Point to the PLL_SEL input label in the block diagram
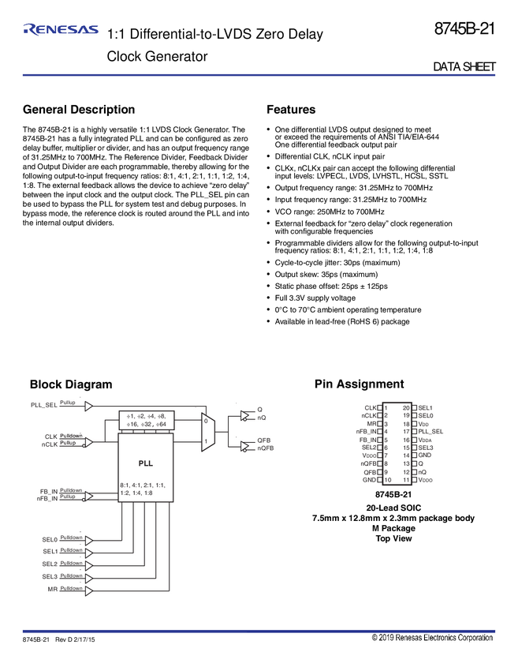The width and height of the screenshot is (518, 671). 44,405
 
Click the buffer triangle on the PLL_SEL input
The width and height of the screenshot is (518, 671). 89,405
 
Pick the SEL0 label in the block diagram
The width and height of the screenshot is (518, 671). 50,540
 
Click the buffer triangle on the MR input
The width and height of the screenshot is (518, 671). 89,590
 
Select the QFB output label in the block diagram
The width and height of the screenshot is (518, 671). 264,439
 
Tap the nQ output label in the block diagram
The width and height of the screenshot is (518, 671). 262,418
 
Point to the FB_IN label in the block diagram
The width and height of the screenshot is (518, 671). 49,492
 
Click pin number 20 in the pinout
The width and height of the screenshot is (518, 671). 405,408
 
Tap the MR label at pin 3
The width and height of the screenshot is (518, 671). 371,424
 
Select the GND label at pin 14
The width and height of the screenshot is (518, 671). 425,455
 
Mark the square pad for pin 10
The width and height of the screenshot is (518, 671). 380,480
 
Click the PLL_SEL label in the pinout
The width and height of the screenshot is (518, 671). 431,432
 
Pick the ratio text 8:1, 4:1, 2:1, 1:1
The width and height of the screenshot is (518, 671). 143,484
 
